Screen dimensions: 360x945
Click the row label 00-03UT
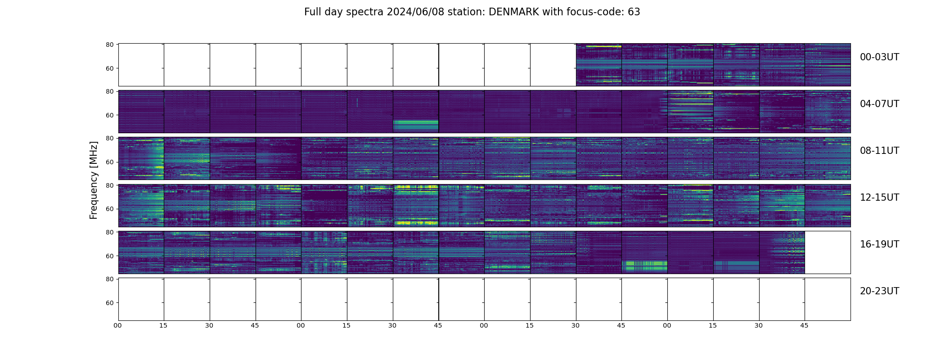[x=879, y=57]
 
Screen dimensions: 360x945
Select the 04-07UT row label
[x=879, y=104]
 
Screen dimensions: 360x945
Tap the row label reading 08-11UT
[x=879, y=151]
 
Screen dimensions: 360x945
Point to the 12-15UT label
[x=879, y=198]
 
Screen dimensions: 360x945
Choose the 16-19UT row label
[x=879, y=244]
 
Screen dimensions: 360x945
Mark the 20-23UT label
[x=879, y=291]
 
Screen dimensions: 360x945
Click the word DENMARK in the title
[x=513, y=12]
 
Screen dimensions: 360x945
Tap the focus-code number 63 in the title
[x=634, y=12]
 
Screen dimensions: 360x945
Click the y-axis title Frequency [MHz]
[x=94, y=180]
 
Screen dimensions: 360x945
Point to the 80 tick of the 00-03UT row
[x=109, y=45]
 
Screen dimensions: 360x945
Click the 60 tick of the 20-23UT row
[x=109, y=303]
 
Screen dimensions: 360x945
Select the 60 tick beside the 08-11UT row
[x=109, y=162]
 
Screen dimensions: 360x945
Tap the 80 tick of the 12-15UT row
[x=109, y=185]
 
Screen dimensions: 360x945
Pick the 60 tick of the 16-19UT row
[x=109, y=256]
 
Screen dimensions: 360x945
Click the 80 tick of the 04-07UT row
[x=109, y=91]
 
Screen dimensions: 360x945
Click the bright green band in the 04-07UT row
[x=415, y=125]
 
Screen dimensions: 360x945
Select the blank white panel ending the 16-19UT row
[x=827, y=252]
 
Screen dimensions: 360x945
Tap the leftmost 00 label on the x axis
[x=118, y=325]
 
